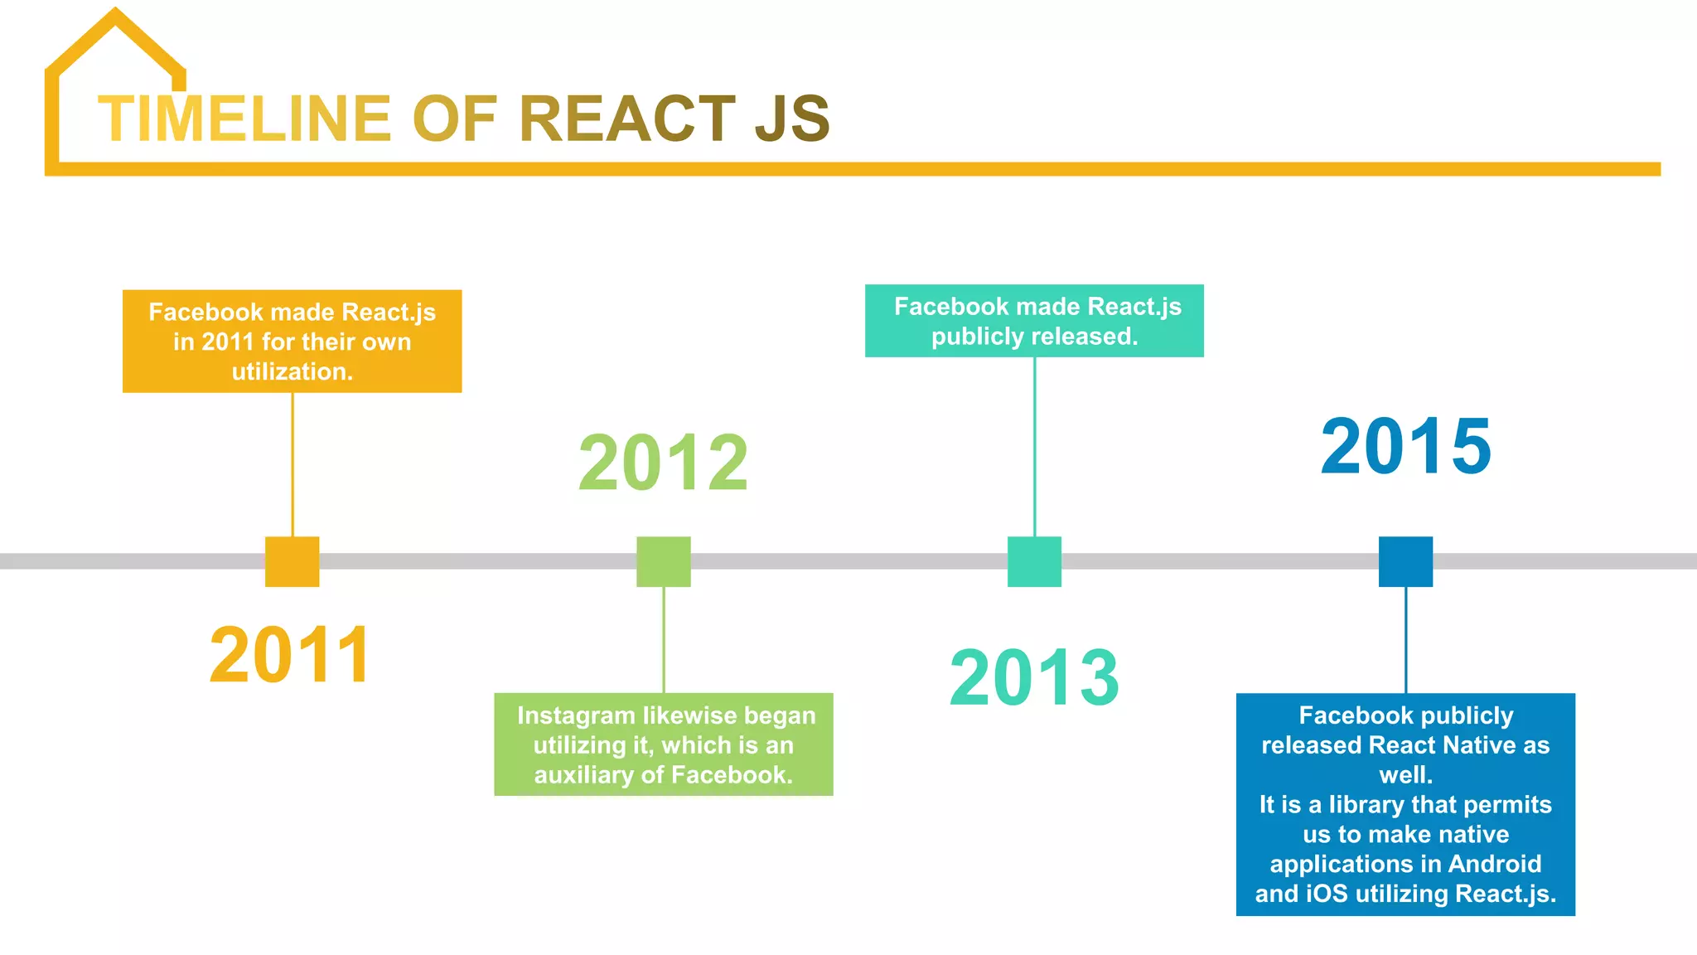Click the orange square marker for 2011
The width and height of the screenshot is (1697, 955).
pos(292,561)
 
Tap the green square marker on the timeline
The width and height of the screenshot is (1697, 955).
pos(663,561)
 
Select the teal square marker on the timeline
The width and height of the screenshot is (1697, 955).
pos(1034,561)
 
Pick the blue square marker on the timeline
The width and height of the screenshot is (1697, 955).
pos(1405,561)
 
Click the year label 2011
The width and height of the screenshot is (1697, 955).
pos(290,655)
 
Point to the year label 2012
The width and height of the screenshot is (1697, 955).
pos(663,463)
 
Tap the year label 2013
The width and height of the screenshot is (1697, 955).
pos(1034,677)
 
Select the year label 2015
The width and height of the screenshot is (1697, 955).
pos(1406,446)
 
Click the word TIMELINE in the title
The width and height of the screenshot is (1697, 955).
pos(244,119)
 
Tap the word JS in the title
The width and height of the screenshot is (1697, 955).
pos(792,119)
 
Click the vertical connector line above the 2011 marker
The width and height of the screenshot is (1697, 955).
pos(292,464)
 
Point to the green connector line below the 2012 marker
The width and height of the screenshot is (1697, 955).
pos(663,639)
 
